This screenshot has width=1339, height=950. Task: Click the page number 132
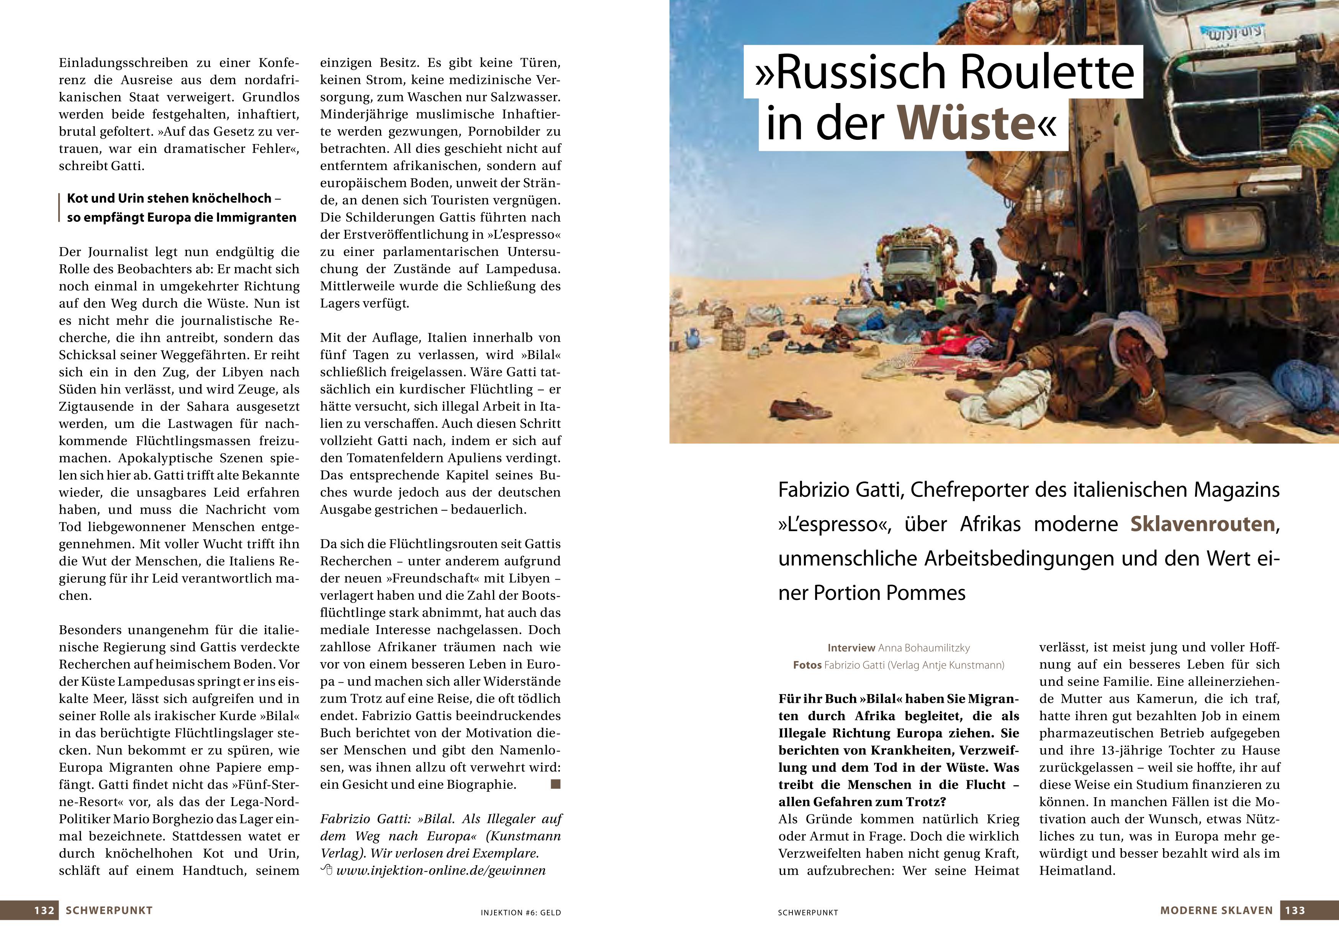44,910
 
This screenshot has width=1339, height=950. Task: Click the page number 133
1295,910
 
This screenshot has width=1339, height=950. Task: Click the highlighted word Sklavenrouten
1202,524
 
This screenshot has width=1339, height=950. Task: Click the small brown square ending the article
555,784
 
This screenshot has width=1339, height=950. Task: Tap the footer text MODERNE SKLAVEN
1216,910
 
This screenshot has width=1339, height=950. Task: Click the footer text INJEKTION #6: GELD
521,912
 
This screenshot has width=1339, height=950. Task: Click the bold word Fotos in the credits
807,665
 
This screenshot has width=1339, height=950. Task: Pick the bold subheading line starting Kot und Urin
174,198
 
